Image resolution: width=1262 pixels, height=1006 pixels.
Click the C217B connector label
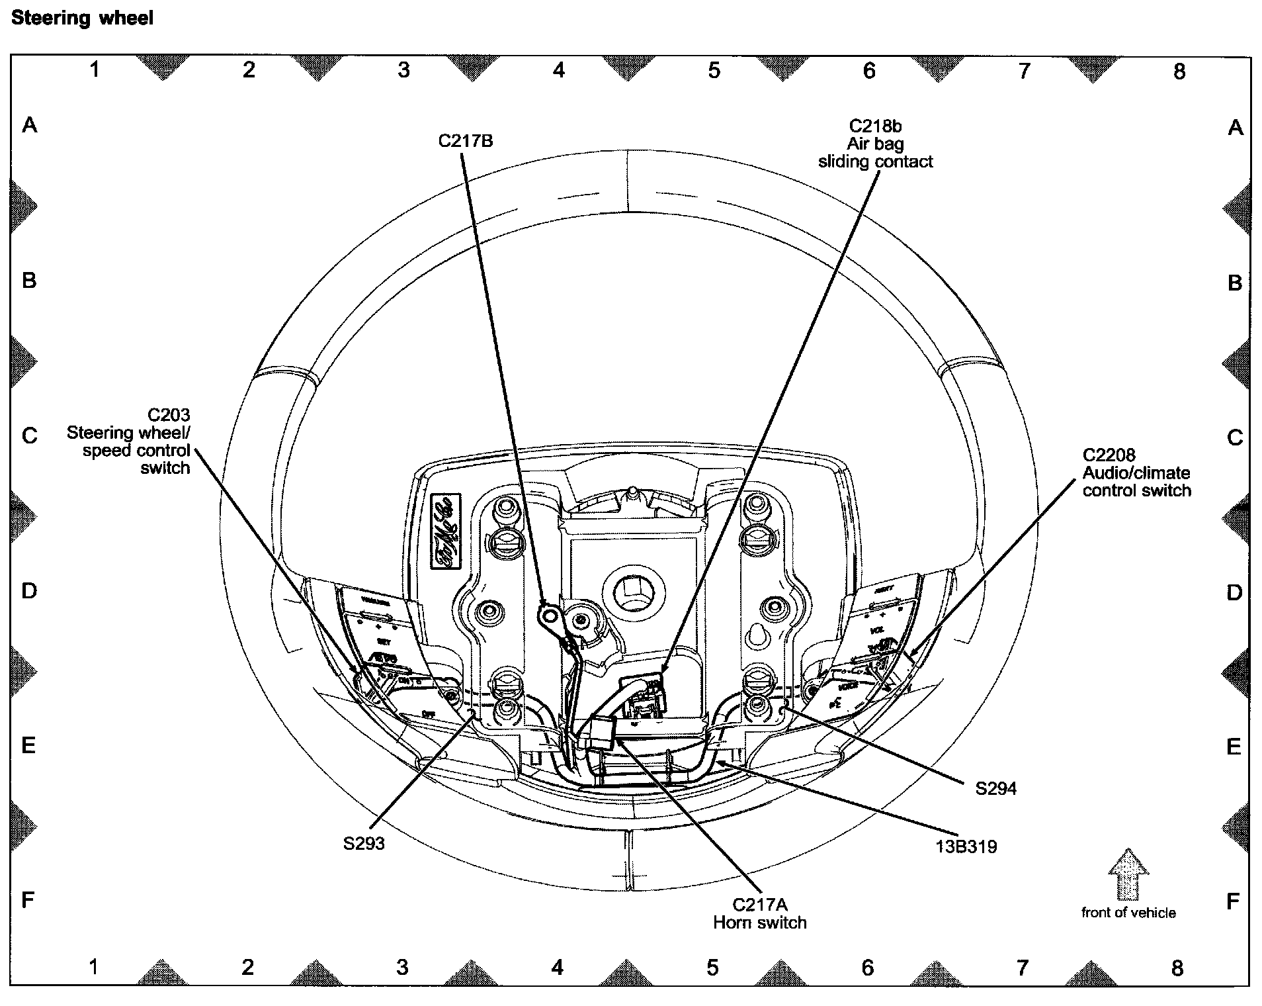tap(466, 140)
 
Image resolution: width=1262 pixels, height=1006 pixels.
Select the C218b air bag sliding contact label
tap(875, 144)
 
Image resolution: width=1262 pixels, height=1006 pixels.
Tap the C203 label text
tap(169, 415)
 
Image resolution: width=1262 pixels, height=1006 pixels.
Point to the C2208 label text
tap(1109, 455)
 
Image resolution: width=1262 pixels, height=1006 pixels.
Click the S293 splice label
tap(364, 843)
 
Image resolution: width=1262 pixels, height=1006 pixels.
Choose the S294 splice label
tap(995, 788)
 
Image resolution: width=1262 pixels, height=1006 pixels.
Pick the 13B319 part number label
tap(966, 846)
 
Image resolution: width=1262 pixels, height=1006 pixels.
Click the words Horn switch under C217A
tap(760, 923)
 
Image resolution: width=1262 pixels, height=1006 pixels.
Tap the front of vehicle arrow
tap(1128, 874)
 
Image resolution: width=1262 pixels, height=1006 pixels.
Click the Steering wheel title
tap(82, 18)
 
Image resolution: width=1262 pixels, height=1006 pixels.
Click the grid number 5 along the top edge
tap(714, 70)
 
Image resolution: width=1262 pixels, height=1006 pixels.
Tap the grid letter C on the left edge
tap(30, 435)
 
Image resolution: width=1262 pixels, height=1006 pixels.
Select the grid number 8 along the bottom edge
tap(1177, 968)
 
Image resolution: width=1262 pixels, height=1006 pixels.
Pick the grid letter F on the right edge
tap(1233, 901)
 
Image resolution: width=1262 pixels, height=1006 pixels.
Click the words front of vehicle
tap(1128, 913)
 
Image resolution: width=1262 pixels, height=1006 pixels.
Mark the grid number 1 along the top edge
tap(95, 69)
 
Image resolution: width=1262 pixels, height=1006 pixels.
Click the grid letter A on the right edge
tap(1235, 128)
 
